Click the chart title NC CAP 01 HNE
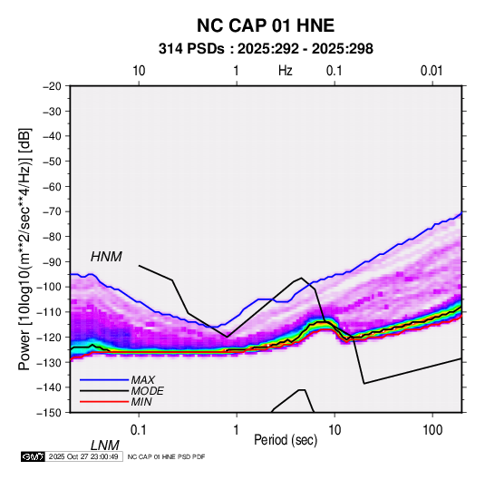pyautogui.click(x=266, y=25)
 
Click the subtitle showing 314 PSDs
pyautogui.click(x=266, y=49)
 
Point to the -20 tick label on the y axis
pyautogui.click(x=53, y=86)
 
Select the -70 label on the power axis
pyautogui.click(x=53, y=211)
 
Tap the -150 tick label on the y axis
pyautogui.click(x=50, y=412)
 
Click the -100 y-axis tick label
pyautogui.click(x=50, y=287)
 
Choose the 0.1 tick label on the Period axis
pyautogui.click(x=138, y=429)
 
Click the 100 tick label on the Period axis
pyautogui.click(x=432, y=429)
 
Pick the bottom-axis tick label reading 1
pyautogui.click(x=236, y=429)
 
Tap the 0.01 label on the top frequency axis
pyautogui.click(x=432, y=71)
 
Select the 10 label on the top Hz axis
pyautogui.click(x=139, y=71)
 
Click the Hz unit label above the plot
pyautogui.click(x=286, y=71)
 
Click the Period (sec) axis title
pyautogui.click(x=286, y=440)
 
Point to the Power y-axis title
pyautogui.click(x=24, y=250)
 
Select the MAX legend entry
pyautogui.click(x=143, y=380)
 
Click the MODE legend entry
pyautogui.click(x=147, y=391)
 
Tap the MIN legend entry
pyautogui.click(x=141, y=402)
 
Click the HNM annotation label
pyautogui.click(x=106, y=257)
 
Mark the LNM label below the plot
pyautogui.click(x=105, y=446)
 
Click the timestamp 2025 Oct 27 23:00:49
pyautogui.click(x=83, y=456)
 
